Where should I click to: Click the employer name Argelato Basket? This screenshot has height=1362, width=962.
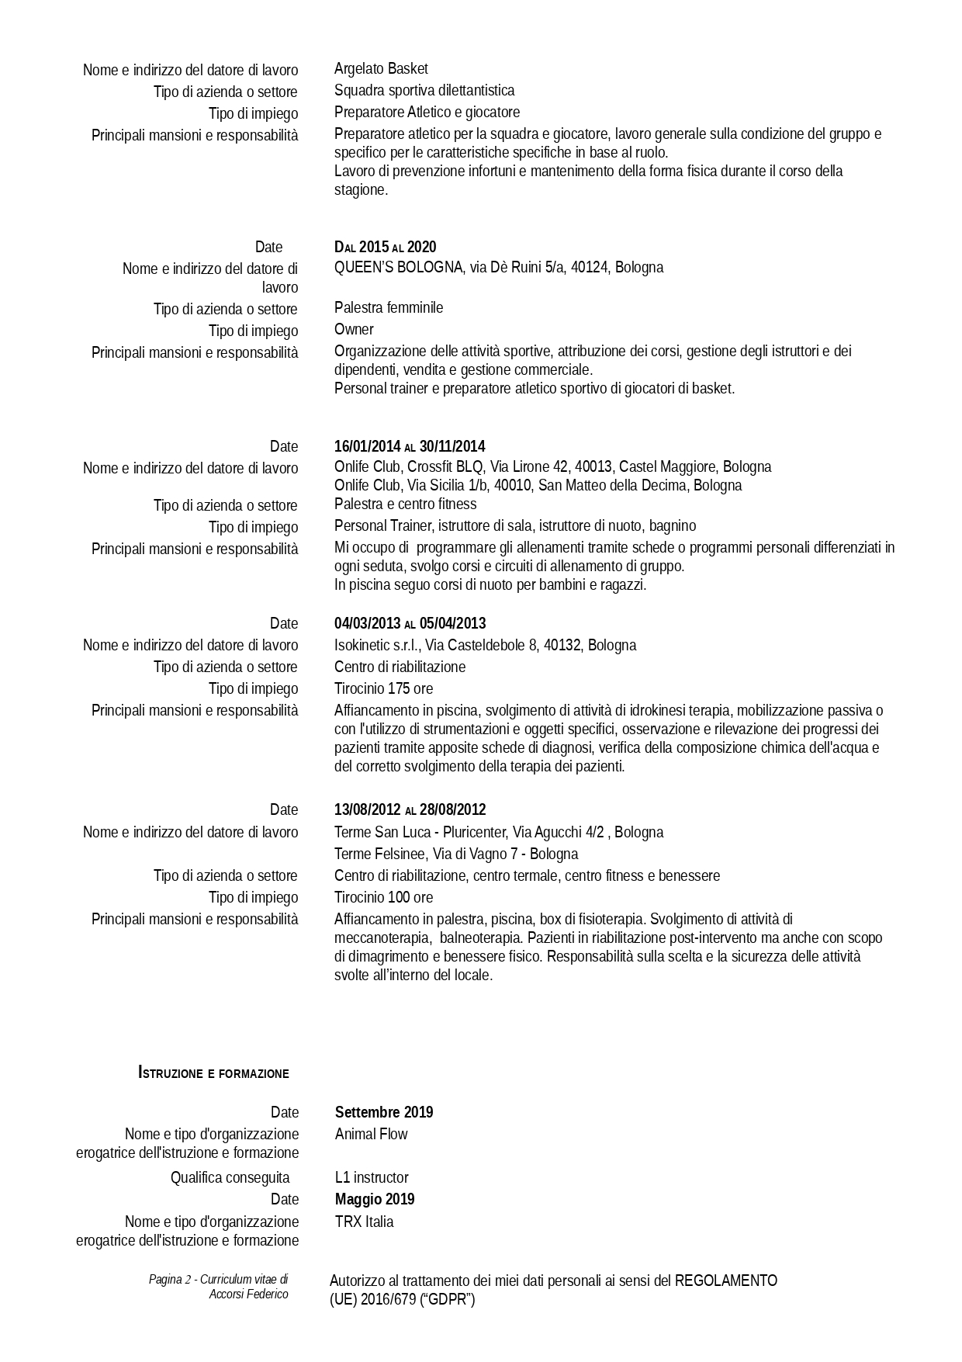click(x=381, y=69)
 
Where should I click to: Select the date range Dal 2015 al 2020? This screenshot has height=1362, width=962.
click(x=385, y=248)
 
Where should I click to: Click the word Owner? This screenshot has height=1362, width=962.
click(x=354, y=330)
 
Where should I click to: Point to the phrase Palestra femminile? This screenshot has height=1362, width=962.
click(x=389, y=308)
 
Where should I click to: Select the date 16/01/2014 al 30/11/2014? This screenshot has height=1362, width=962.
click(x=410, y=447)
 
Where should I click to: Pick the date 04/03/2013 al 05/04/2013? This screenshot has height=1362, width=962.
click(x=410, y=624)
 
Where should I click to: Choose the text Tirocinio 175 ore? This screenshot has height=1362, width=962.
click(x=383, y=689)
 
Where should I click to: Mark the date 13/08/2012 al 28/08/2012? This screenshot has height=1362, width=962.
click(x=410, y=810)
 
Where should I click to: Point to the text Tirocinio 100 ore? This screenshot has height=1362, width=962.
click(x=383, y=898)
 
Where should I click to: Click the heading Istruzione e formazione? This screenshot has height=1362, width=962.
click(x=213, y=1074)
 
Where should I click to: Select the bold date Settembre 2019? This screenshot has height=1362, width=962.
click(x=384, y=1113)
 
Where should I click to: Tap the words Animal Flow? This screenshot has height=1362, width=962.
click(x=371, y=1135)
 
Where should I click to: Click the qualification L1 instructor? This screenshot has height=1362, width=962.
click(x=372, y=1178)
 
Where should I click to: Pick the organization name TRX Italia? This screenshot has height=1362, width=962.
click(x=364, y=1222)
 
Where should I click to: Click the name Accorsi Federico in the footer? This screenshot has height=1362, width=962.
click(x=248, y=1294)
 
